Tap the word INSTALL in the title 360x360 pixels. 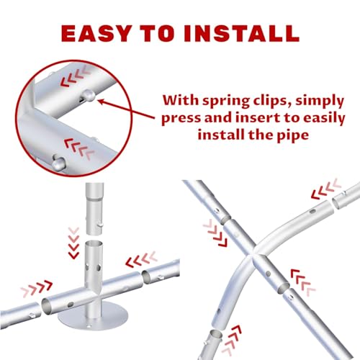(242, 33)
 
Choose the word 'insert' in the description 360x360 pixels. (253, 118)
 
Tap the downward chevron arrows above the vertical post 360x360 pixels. (73, 243)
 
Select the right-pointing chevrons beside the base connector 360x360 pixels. (37, 289)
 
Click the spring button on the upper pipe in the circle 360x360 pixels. (87, 95)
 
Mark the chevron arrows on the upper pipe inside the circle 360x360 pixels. (74, 76)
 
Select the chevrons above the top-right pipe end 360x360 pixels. (326, 189)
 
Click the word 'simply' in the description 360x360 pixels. (320, 101)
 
